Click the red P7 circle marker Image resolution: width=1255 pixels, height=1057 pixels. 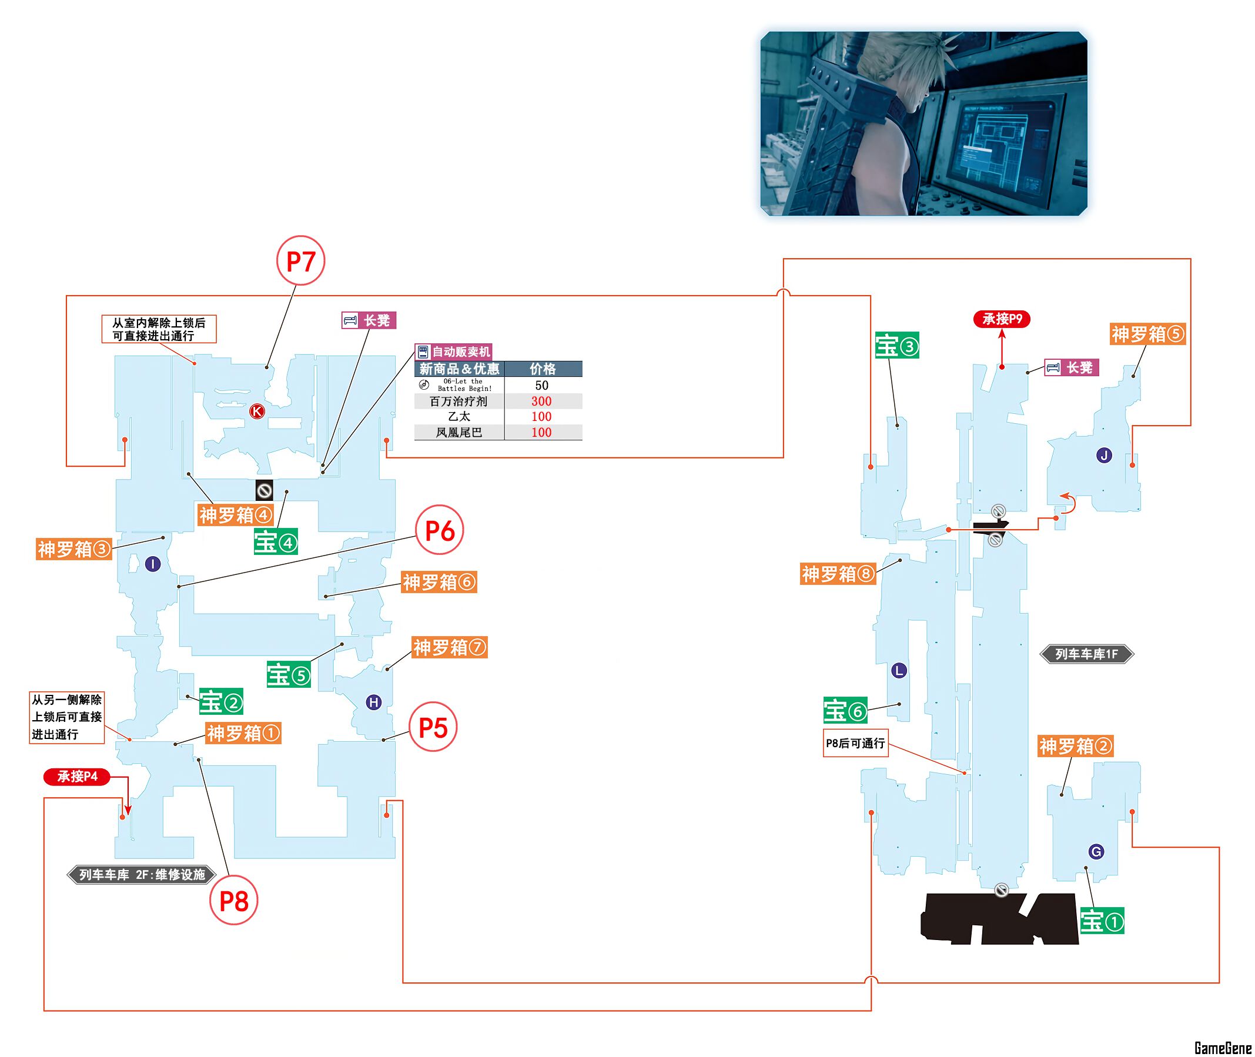click(300, 261)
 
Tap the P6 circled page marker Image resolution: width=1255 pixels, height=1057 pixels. click(439, 530)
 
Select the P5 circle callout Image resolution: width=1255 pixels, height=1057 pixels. click(433, 727)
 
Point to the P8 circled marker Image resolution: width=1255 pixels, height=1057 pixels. click(233, 901)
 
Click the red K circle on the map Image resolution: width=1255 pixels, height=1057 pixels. click(257, 411)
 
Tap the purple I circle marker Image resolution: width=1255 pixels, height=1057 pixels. click(153, 564)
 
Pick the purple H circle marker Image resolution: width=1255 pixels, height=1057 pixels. click(374, 703)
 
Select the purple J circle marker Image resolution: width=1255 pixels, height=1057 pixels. click(1103, 456)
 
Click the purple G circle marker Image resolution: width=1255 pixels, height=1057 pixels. click(1096, 851)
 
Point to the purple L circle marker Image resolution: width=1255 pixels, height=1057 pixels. click(899, 671)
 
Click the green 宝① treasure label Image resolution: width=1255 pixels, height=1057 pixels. click(1102, 921)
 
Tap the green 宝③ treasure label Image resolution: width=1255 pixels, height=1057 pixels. click(897, 346)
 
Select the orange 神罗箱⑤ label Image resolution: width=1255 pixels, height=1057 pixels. click(1147, 334)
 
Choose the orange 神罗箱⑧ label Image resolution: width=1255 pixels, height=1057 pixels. click(838, 574)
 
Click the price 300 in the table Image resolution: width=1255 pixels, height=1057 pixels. click(541, 401)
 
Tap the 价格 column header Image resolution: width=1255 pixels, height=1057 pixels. click(542, 369)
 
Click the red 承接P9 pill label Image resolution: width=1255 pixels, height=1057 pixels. click(1002, 319)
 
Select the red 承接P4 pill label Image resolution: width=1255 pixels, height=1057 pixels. click(77, 777)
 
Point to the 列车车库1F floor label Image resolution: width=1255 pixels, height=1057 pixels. click(1086, 654)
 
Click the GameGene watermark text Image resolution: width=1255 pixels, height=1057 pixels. click(1222, 1048)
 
